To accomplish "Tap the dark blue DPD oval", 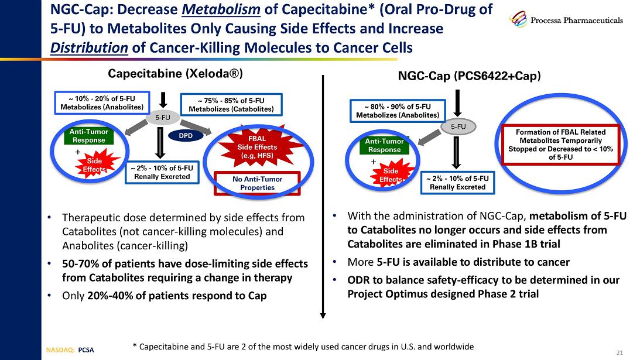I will (x=185, y=135).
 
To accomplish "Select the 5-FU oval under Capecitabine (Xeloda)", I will (x=162, y=118).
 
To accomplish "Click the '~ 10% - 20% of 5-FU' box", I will (x=102, y=102).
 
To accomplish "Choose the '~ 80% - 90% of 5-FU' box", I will (x=398, y=110).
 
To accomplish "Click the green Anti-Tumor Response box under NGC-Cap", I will (x=384, y=145).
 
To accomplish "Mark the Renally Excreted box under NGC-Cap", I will (x=457, y=183).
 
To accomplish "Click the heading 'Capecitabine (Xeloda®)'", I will (x=175, y=74).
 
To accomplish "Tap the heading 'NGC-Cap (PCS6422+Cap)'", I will (x=469, y=76).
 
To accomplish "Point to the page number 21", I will (x=620, y=352).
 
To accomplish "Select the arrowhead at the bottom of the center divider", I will (x=323, y=314).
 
